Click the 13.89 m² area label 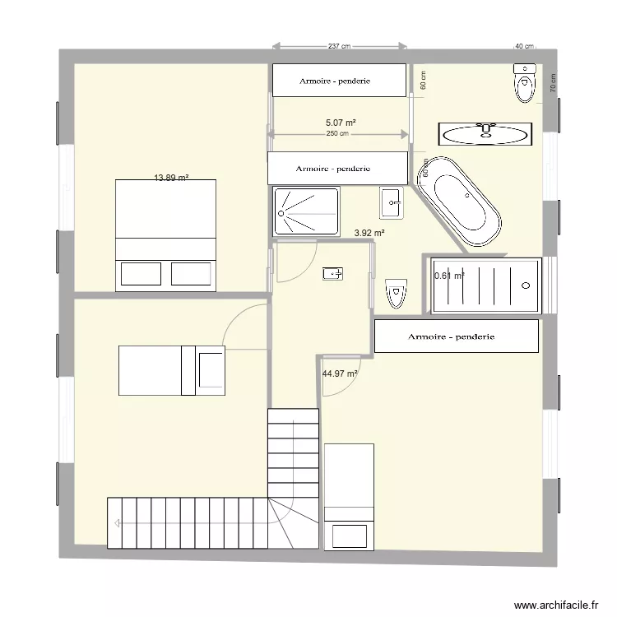coord(172,177)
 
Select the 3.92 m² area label coord(369,233)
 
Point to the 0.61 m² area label coord(448,276)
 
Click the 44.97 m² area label coord(340,373)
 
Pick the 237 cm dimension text coord(339,47)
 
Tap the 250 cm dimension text coord(337,133)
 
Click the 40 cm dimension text coord(524,47)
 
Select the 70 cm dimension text coord(553,81)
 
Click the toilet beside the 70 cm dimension coord(523,82)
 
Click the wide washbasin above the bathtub coord(485,132)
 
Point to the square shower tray coord(306,211)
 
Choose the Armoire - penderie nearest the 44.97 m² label coord(456,336)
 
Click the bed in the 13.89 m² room coord(166,234)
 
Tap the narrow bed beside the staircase coord(350,496)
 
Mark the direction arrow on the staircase coord(120,523)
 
